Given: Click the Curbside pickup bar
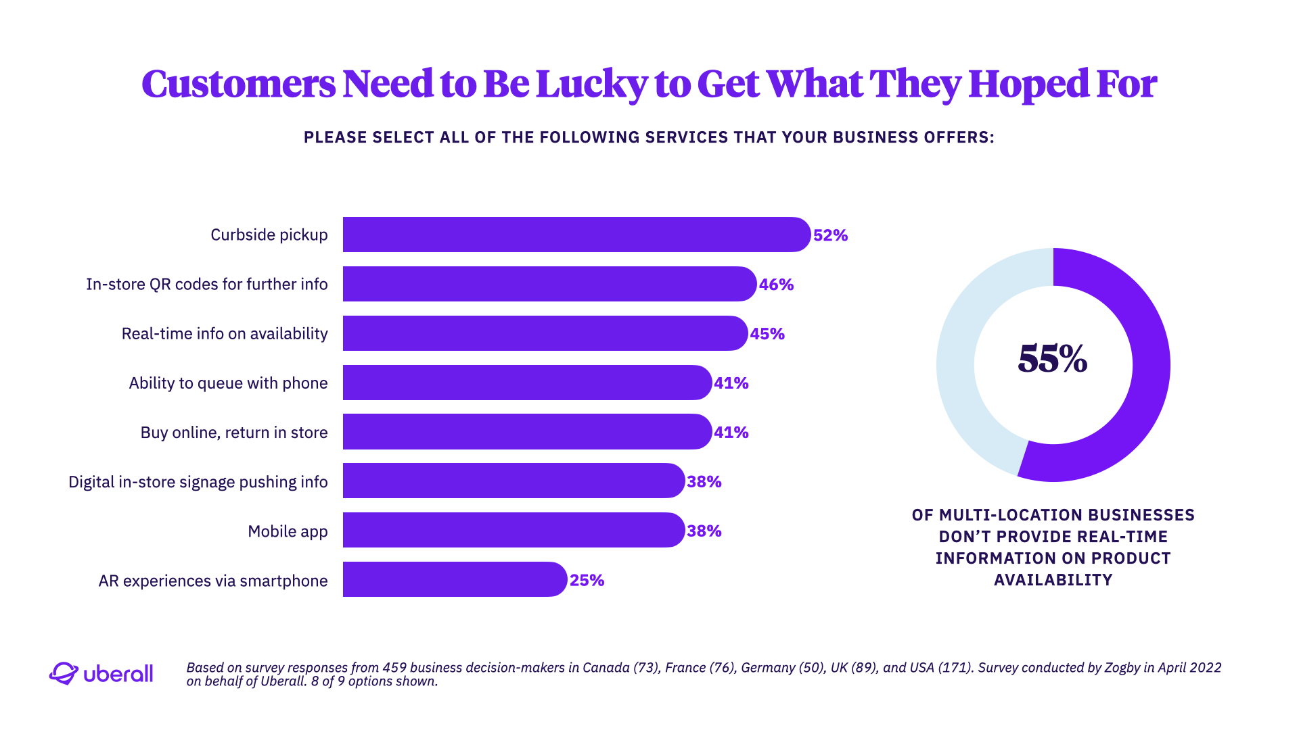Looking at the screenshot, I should tap(575, 235).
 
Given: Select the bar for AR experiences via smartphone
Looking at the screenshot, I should tap(453, 579).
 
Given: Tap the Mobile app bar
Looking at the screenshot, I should tap(513, 530).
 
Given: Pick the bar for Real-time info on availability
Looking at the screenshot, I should tap(544, 333).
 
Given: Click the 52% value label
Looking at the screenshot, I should tap(830, 235).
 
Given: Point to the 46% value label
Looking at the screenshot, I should tap(776, 285).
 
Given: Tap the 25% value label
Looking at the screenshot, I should tap(587, 581).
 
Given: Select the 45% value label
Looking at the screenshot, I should tap(767, 334).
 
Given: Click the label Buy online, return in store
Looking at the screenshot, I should tap(233, 433).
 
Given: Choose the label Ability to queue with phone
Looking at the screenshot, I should tap(228, 383).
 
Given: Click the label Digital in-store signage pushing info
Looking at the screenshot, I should tap(198, 482).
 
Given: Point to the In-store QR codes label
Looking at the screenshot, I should tap(206, 285).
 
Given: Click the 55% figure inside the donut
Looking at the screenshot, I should tap(1052, 359).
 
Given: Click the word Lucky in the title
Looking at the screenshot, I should tap(591, 85).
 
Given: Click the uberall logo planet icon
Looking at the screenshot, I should tap(64, 673).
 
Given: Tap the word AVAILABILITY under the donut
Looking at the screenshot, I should tap(1053, 580).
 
